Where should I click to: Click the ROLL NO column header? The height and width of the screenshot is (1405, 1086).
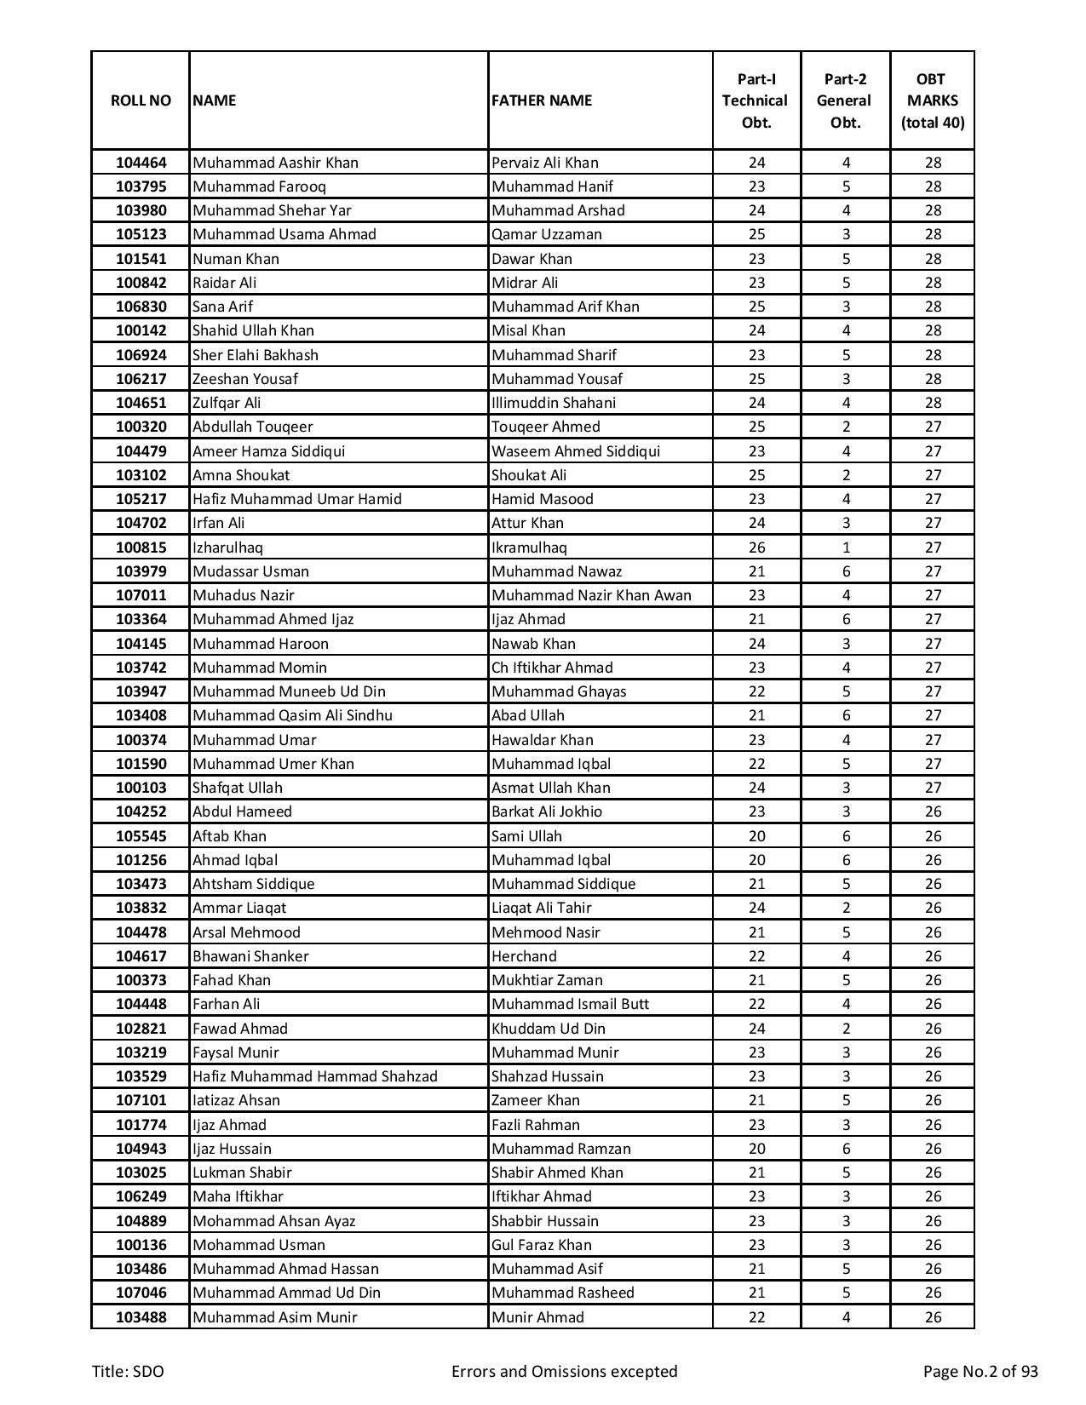(x=141, y=100)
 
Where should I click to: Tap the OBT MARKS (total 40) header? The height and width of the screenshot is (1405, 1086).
(x=933, y=100)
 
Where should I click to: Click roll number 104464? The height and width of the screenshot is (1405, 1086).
(x=141, y=163)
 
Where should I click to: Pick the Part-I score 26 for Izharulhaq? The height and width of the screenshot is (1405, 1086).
(x=756, y=548)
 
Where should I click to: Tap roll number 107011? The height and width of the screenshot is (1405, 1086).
(x=141, y=595)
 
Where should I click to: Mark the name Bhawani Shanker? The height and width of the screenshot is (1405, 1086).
(x=250, y=956)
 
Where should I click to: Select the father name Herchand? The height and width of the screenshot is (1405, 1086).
(x=524, y=956)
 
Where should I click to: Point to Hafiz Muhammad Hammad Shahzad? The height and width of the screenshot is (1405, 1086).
(x=314, y=1076)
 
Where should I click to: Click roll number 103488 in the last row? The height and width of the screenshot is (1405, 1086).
(x=141, y=1317)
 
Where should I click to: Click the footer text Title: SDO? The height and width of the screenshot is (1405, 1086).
(x=128, y=1371)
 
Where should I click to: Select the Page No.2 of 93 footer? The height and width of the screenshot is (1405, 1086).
(x=980, y=1371)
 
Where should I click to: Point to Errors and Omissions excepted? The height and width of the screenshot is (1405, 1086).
(x=564, y=1371)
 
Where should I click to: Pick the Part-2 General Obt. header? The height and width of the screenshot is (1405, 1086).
(x=845, y=100)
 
